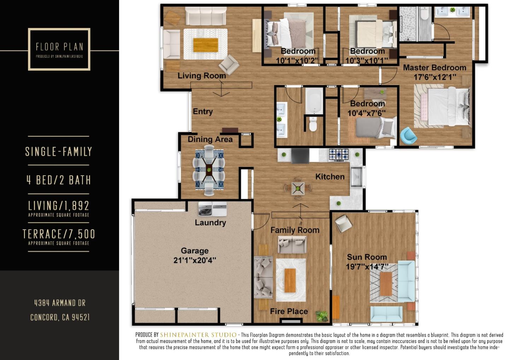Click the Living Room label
(x=201, y=76)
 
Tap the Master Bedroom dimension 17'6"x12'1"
(x=435, y=77)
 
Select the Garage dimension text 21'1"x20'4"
(x=195, y=260)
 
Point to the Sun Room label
(x=367, y=257)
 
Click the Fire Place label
(x=289, y=311)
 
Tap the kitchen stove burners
(x=339, y=154)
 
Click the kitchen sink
(x=356, y=176)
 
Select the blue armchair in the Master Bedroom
(x=408, y=136)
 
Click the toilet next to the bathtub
(x=313, y=124)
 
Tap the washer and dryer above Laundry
(x=212, y=209)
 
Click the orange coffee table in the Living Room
(x=205, y=45)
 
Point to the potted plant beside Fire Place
(x=322, y=315)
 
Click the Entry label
(x=203, y=112)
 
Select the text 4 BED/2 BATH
(x=59, y=180)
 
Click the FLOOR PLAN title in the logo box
(x=59, y=47)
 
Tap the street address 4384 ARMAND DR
(x=60, y=303)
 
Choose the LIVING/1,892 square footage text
(x=59, y=206)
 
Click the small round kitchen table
(x=298, y=188)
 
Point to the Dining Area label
(x=210, y=139)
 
